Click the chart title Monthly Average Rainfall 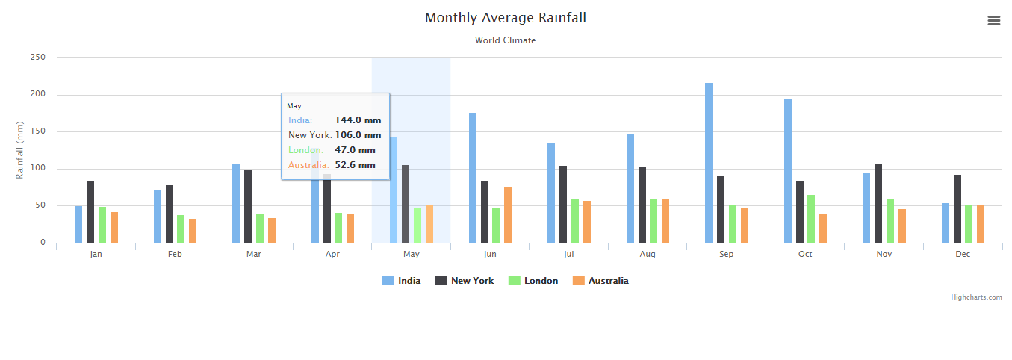[506, 18]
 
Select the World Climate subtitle [505, 40]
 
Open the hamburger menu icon [993, 20]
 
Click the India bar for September [708, 163]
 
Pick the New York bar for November [878, 204]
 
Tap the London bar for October [811, 219]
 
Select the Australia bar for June [508, 215]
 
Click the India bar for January [78, 225]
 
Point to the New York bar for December [957, 209]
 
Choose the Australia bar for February [193, 232]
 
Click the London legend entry [533, 281]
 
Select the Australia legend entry [600, 281]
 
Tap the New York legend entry [465, 281]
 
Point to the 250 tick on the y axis [38, 57]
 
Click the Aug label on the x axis [647, 254]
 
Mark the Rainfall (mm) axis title [19, 150]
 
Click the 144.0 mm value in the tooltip [358, 120]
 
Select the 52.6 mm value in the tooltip [355, 165]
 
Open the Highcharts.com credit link [976, 297]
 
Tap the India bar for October [788, 171]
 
